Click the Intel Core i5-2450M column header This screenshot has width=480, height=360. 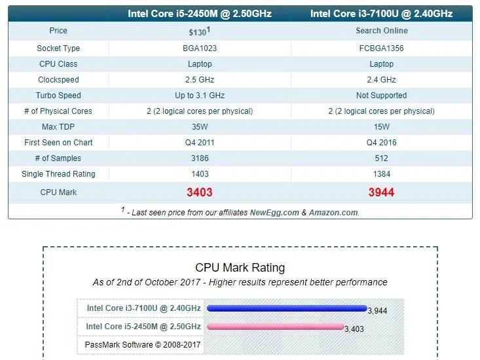[x=199, y=14]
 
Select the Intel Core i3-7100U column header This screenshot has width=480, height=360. [x=381, y=14]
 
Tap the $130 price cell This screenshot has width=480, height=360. [x=199, y=31]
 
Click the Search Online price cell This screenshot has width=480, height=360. [x=381, y=31]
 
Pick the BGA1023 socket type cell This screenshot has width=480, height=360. [x=199, y=48]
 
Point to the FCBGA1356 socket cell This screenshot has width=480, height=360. [x=381, y=48]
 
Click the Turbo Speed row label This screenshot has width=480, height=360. [x=58, y=96]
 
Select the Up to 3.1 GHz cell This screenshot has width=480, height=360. [x=199, y=96]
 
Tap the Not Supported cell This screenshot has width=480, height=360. [x=381, y=96]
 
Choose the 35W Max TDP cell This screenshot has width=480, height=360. [x=199, y=127]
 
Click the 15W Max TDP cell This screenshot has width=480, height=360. [x=381, y=127]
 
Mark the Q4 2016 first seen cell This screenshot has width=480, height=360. [x=381, y=143]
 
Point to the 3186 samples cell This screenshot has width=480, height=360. [x=199, y=158]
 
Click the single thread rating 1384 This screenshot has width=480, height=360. [x=381, y=174]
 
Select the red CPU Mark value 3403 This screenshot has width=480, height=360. [x=199, y=192]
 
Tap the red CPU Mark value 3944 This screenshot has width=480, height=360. [x=381, y=192]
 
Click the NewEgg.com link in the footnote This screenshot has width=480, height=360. [x=274, y=213]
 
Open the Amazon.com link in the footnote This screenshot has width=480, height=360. [x=333, y=213]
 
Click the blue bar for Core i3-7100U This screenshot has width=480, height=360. [x=287, y=308]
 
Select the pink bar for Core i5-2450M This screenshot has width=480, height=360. [x=275, y=327]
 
